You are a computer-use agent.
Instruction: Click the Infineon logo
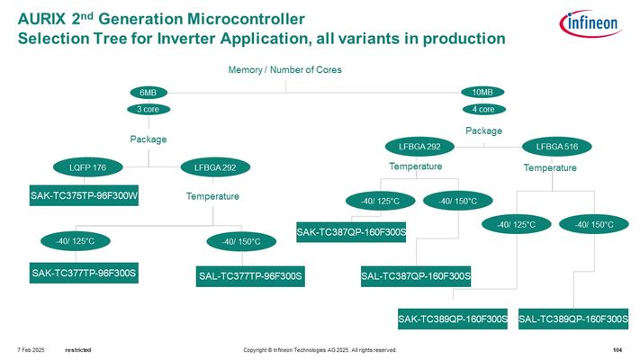(x=591, y=25)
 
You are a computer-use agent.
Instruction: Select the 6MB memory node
(x=147, y=92)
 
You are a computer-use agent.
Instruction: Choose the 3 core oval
(x=147, y=110)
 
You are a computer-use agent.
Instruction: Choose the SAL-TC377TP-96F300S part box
(x=250, y=274)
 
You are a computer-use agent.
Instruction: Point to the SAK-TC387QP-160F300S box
(x=352, y=233)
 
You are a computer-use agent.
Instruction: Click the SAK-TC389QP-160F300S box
(x=453, y=319)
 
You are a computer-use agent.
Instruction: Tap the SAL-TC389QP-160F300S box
(x=573, y=319)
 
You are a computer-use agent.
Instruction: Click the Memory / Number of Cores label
(x=285, y=70)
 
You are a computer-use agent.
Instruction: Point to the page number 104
(x=617, y=349)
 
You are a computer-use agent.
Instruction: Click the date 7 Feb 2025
(x=31, y=349)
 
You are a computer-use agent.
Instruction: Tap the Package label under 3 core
(x=148, y=139)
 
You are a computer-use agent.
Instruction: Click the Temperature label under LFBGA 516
(x=550, y=168)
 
